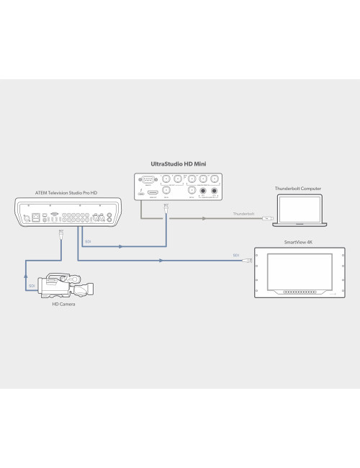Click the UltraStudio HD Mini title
click(x=179, y=164)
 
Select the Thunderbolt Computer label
click(x=297, y=189)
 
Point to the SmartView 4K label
click(x=299, y=243)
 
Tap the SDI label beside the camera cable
click(x=32, y=286)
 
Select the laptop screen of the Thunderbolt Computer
click(x=297, y=206)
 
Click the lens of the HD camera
click(x=90, y=290)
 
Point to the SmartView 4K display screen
click(x=299, y=271)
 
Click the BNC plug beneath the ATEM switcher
click(x=61, y=235)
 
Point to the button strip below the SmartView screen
click(x=298, y=292)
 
